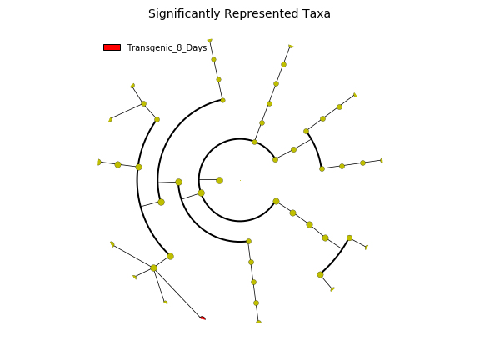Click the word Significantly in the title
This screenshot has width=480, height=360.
tap(184, 14)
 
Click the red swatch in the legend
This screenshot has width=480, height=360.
tap(112, 47)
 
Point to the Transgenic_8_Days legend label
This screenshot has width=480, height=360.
tap(167, 48)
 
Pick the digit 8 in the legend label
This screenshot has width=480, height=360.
tap(179, 47)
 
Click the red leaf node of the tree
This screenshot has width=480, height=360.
tap(202, 318)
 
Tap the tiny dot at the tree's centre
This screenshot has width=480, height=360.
tap(240, 180)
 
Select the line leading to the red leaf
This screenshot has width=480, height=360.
tap(177, 293)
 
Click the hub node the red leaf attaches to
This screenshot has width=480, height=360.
tap(153, 267)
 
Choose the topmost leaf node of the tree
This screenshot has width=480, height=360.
tap(210, 40)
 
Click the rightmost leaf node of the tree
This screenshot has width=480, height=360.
tap(382, 160)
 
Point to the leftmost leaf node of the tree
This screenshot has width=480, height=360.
tap(98, 162)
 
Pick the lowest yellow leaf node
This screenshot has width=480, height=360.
tap(258, 322)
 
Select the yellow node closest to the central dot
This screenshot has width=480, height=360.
tap(219, 180)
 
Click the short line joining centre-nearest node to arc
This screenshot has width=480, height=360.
tap(209, 179)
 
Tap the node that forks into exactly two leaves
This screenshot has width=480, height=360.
tap(144, 104)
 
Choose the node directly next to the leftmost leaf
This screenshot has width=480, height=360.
tap(117, 165)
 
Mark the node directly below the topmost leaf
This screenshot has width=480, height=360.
tap(213, 60)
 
